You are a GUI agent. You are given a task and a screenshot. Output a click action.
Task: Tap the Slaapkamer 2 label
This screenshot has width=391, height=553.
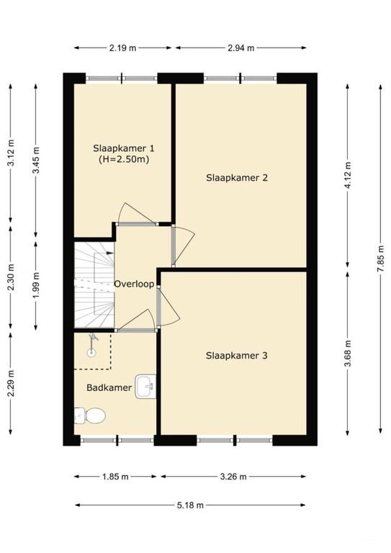(x=237, y=177)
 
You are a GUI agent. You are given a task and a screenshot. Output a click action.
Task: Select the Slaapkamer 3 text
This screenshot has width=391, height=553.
(x=237, y=355)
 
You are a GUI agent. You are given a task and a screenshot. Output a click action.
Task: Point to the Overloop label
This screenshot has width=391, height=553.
(x=134, y=284)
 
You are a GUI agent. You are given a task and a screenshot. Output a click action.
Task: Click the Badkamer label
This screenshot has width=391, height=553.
(x=109, y=387)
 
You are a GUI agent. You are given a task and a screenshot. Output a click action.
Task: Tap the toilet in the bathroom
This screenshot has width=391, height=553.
(x=91, y=415)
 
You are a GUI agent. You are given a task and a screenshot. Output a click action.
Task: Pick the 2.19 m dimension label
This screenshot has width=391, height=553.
(x=123, y=48)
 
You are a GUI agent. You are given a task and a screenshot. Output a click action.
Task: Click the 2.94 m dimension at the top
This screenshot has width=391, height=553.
(x=241, y=48)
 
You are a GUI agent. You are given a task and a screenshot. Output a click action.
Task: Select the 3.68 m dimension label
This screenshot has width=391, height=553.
(x=349, y=354)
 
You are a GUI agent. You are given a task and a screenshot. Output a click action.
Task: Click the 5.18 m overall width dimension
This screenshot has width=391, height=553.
(x=190, y=505)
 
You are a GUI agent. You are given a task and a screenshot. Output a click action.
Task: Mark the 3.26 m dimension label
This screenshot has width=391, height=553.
(x=233, y=477)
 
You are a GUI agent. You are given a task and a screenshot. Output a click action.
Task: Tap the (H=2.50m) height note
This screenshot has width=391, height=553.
(x=124, y=159)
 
